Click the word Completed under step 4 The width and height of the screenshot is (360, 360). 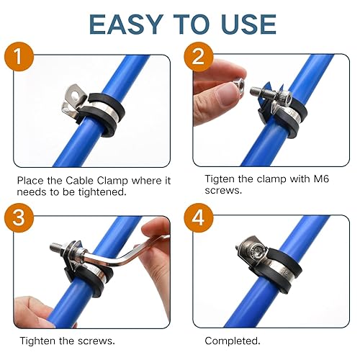click(233, 341)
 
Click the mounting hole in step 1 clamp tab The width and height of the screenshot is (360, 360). click(71, 91)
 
